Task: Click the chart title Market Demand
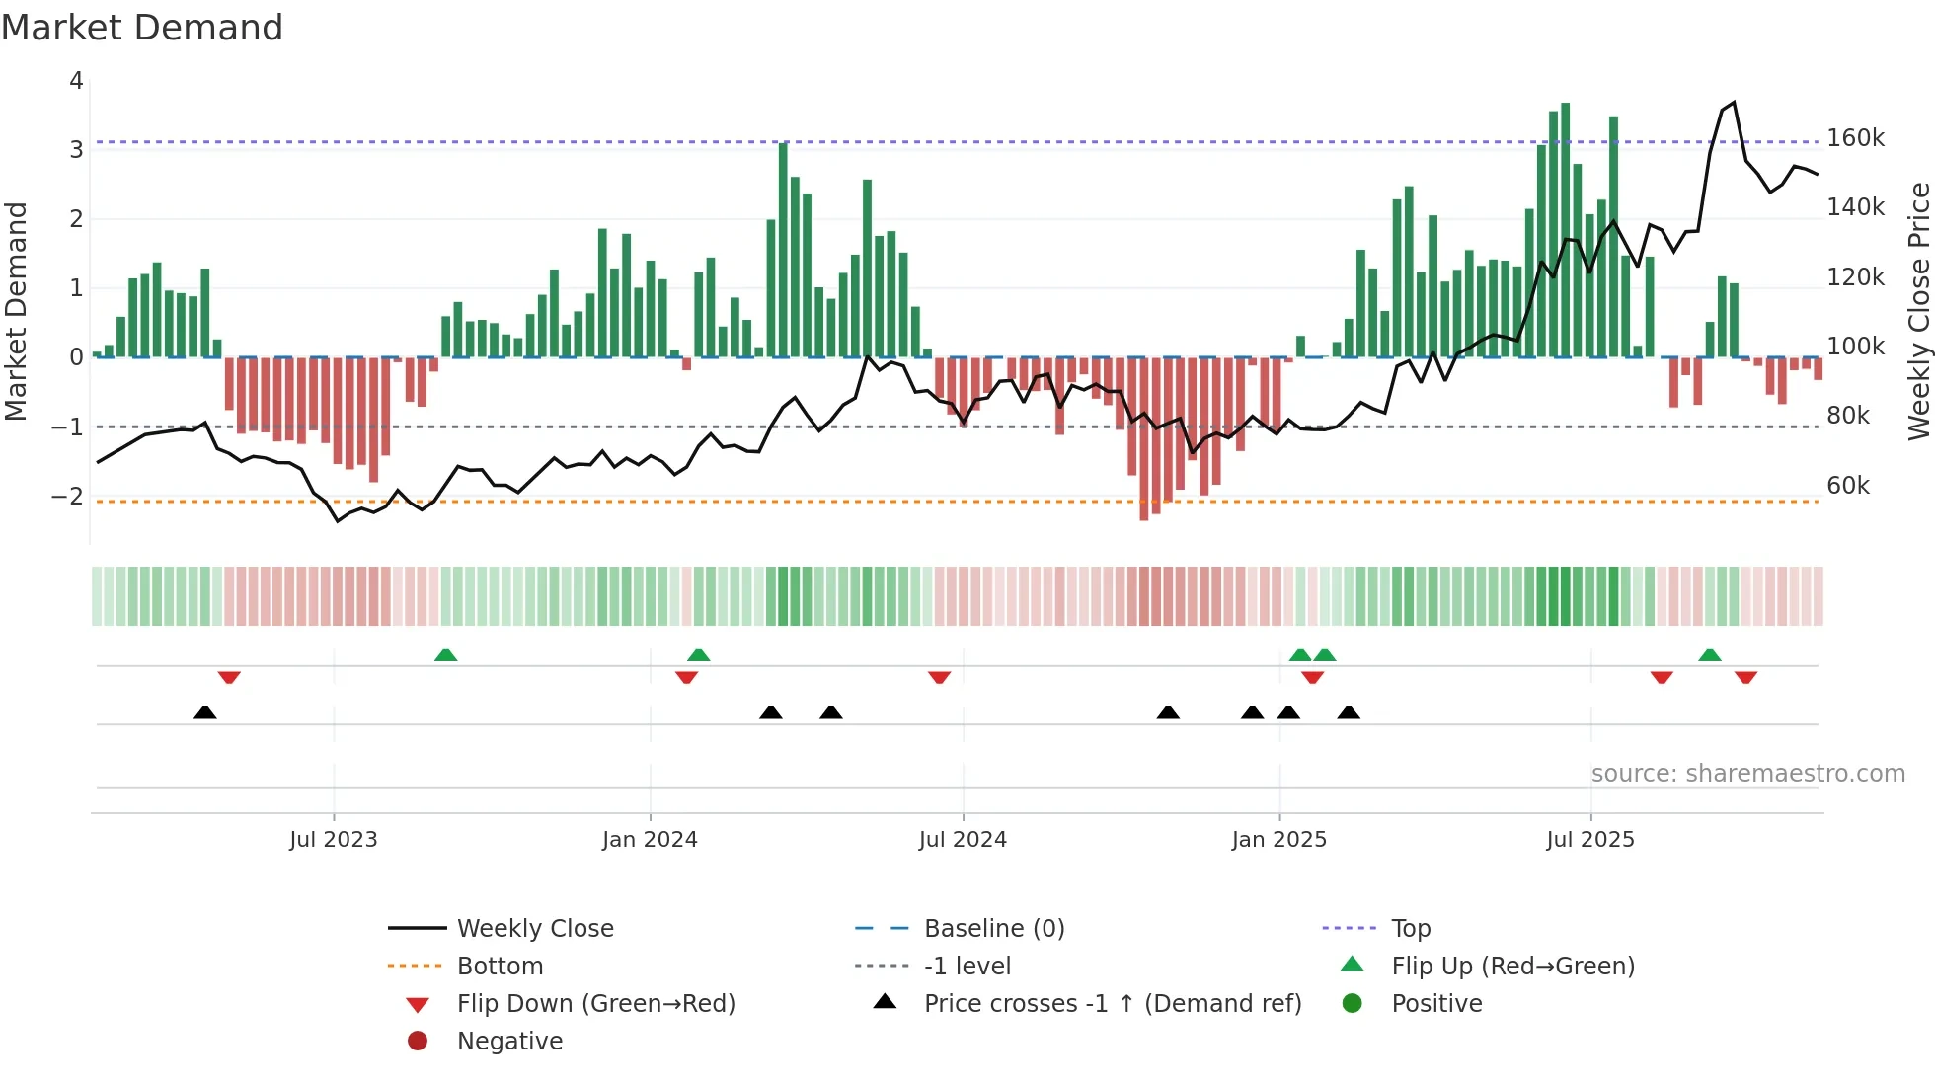(142, 27)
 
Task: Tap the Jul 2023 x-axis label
(333, 839)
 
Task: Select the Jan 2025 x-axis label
(1278, 839)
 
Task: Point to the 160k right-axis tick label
(1855, 138)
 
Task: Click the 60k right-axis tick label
(1847, 485)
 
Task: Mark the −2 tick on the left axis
(67, 496)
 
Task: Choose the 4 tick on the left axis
(76, 81)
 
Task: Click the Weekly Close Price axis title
(1918, 311)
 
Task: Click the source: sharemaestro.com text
(1747, 773)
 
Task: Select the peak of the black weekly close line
(1734, 103)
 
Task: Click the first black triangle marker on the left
(205, 712)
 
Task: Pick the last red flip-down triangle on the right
(1745, 677)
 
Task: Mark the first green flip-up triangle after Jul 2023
(445, 654)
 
